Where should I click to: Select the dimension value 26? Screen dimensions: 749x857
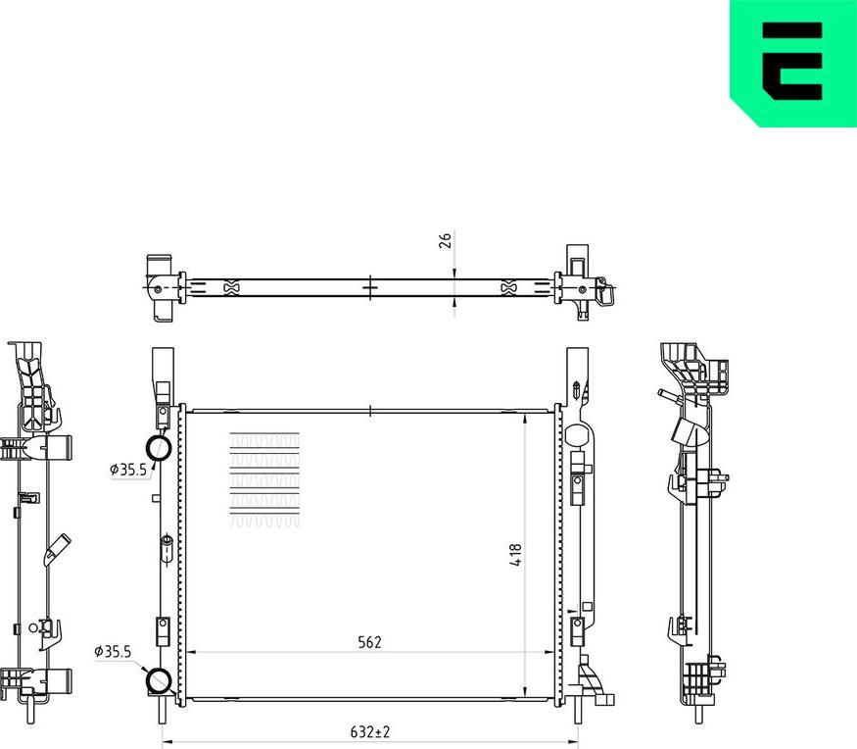coord(446,241)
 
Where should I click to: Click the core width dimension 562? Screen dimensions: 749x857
coord(369,642)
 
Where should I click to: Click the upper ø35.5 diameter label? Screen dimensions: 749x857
coord(127,470)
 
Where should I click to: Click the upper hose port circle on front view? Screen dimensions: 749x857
coord(160,448)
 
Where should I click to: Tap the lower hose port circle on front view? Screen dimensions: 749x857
coord(159,679)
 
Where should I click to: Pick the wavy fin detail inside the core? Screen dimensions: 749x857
coord(264,480)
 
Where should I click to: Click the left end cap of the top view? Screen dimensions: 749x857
coord(160,286)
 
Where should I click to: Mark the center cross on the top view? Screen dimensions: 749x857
coord(369,286)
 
